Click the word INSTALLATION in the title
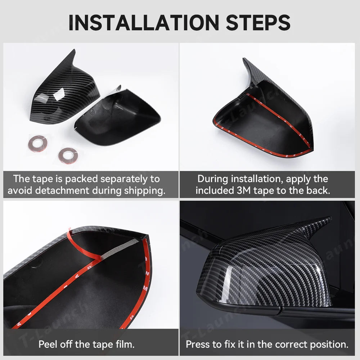click(x=144, y=22)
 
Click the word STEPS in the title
click(x=258, y=22)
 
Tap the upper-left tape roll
click(x=38, y=144)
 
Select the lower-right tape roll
click(x=68, y=156)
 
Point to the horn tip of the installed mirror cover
click(x=330, y=218)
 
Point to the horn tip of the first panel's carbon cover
click(x=74, y=50)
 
